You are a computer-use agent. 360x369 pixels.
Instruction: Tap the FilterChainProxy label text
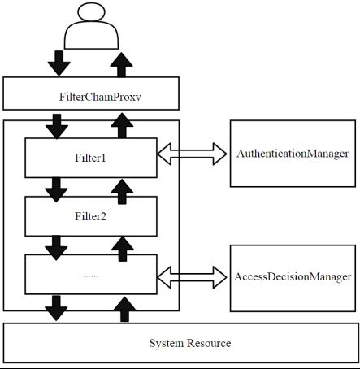pyautogui.click(x=100, y=97)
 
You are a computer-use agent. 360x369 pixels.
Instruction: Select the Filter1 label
pyautogui.click(x=90, y=158)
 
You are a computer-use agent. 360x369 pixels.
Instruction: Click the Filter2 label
pyautogui.click(x=90, y=216)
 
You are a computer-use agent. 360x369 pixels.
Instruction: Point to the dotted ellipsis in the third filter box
pyautogui.click(x=90, y=276)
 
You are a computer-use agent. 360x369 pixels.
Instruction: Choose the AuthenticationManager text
pyautogui.click(x=293, y=154)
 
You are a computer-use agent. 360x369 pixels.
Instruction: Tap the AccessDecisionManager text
pyautogui.click(x=293, y=276)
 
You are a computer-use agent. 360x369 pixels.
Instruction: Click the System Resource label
pyautogui.click(x=190, y=343)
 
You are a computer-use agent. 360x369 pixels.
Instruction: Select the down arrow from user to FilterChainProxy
pyautogui.click(x=59, y=63)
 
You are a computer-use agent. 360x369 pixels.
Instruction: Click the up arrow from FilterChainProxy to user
pyautogui.click(x=121, y=65)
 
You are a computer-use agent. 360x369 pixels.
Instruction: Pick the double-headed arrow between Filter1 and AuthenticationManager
pyautogui.click(x=192, y=154)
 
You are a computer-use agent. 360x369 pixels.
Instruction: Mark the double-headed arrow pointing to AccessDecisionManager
pyautogui.click(x=192, y=277)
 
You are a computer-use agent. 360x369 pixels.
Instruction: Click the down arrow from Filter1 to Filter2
pyautogui.click(x=56, y=189)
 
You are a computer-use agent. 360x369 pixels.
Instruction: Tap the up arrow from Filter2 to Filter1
pyautogui.click(x=122, y=192)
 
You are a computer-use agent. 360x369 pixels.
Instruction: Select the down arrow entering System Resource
pyautogui.click(x=56, y=308)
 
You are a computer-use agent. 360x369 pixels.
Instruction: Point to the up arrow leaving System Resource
pyautogui.click(x=124, y=309)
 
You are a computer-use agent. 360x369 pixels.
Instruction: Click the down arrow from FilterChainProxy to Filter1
pyautogui.click(x=57, y=127)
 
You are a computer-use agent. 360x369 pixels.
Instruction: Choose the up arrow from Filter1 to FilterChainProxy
pyautogui.click(x=122, y=125)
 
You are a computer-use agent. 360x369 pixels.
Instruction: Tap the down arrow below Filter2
pyautogui.click(x=56, y=248)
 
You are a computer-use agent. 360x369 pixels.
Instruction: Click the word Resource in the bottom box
pyautogui.click(x=209, y=343)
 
